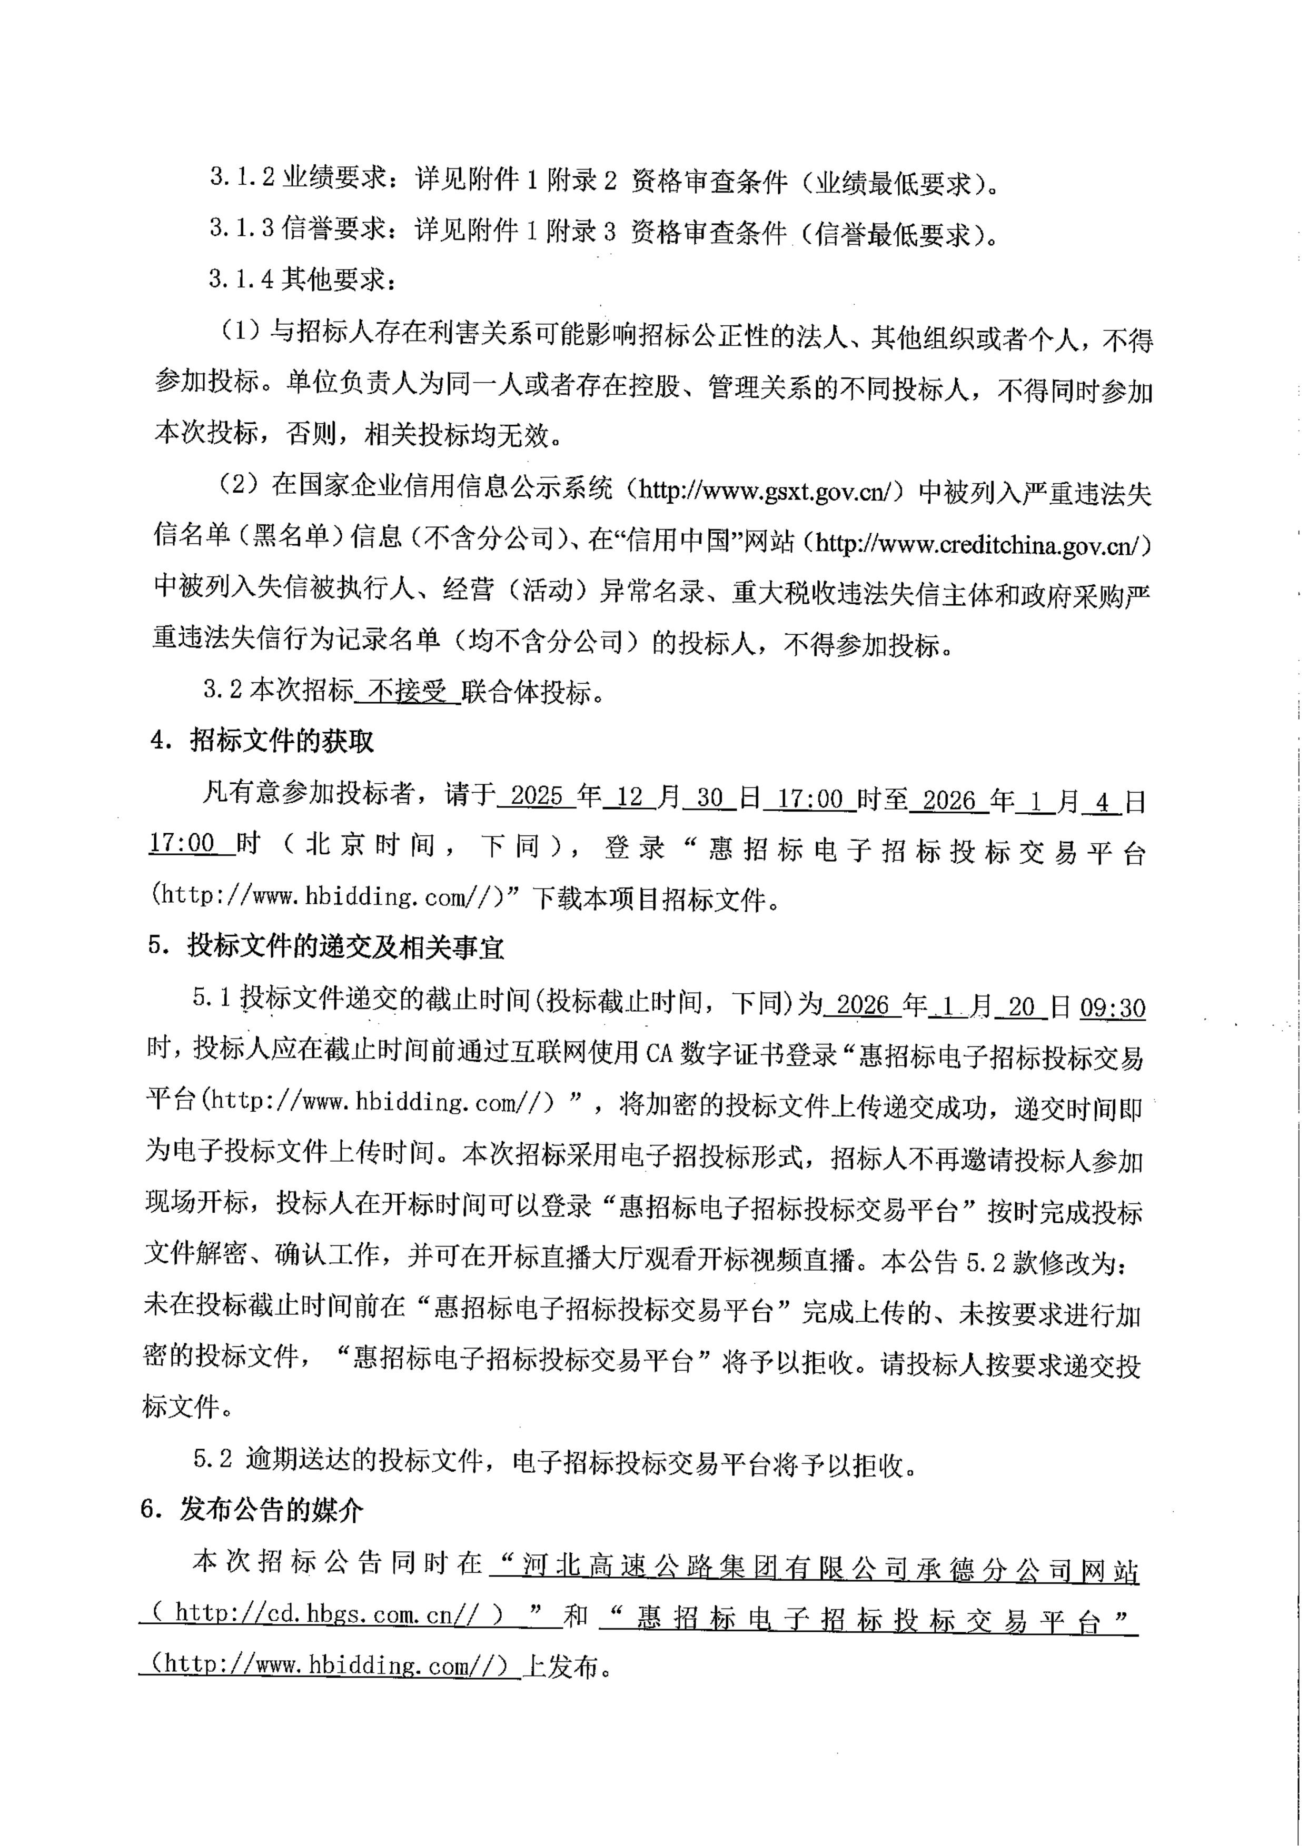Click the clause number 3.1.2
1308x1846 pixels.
click(x=242, y=179)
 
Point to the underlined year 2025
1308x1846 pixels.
click(x=537, y=796)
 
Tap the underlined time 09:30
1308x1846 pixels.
click(x=1112, y=1007)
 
